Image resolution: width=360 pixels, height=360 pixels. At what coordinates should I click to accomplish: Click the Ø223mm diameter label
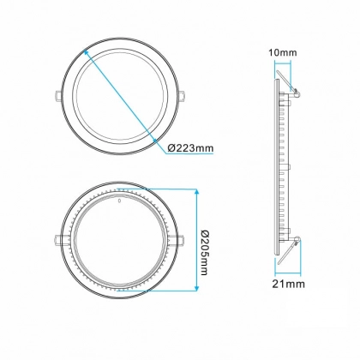(x=190, y=148)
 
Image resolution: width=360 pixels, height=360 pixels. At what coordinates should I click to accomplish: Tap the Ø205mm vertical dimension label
(x=202, y=253)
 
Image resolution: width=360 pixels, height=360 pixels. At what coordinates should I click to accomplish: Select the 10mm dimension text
(x=283, y=52)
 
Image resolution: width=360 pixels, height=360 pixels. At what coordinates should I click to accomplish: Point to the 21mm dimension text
(x=288, y=284)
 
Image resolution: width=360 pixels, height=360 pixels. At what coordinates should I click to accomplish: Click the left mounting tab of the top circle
(x=57, y=96)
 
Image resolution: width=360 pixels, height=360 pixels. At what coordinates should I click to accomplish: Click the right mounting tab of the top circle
(x=181, y=96)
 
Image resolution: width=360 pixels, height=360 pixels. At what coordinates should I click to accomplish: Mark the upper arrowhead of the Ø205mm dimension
(x=196, y=192)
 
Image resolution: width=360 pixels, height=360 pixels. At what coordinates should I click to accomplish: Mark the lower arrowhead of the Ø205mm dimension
(x=196, y=288)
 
